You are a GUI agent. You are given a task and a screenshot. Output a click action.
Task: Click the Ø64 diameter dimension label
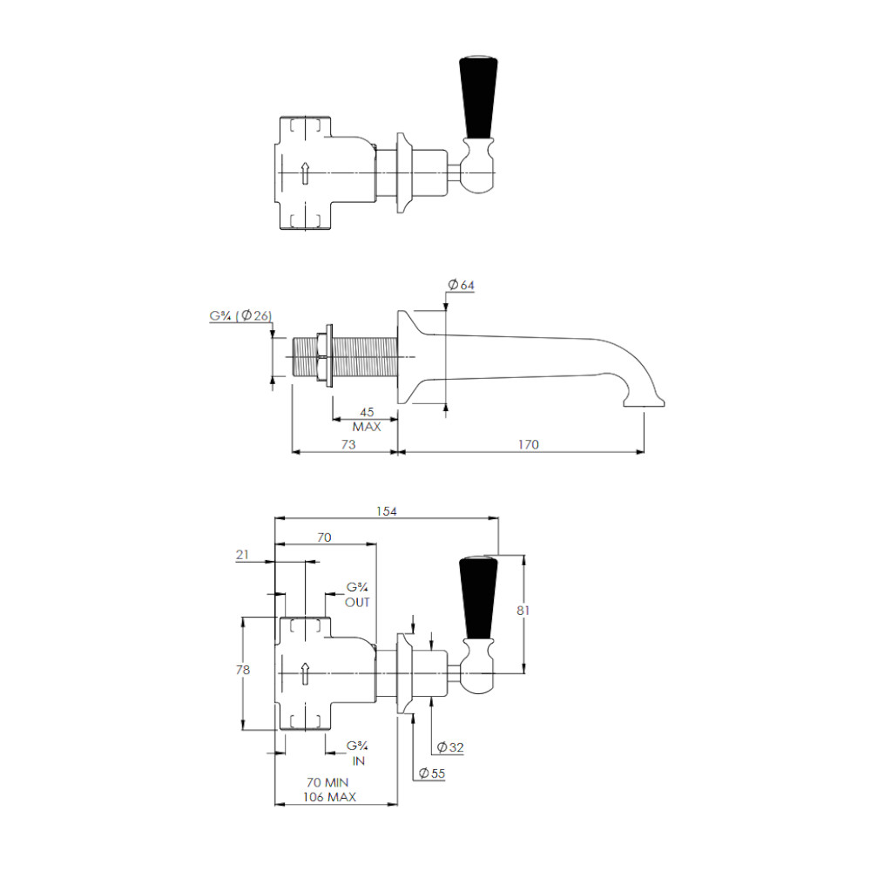click(461, 285)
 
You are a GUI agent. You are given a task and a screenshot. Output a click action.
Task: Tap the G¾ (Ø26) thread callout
click(240, 315)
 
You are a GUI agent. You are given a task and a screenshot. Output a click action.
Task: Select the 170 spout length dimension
click(529, 444)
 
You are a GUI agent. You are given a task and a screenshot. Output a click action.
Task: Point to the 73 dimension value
click(348, 444)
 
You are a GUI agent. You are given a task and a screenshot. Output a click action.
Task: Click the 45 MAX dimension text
click(367, 420)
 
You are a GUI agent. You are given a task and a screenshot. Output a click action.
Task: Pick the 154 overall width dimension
click(387, 511)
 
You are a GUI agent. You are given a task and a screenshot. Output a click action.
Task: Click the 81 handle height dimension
click(523, 610)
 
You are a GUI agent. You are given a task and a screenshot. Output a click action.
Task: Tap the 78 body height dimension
click(243, 670)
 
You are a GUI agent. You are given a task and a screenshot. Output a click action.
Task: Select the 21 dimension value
click(242, 554)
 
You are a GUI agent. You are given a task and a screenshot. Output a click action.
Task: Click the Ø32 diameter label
click(450, 747)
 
